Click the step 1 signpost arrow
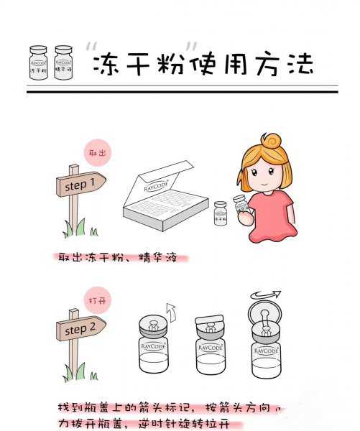[80, 185]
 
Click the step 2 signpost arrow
[80, 330]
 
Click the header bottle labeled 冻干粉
[38, 62]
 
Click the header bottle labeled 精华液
[64, 62]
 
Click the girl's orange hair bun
[271, 141]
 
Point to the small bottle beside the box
[221, 213]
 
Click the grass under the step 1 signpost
[75, 230]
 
